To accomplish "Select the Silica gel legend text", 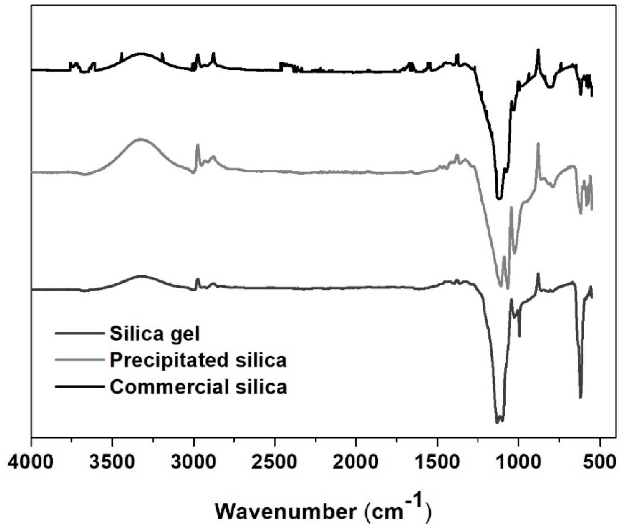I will point(155,334).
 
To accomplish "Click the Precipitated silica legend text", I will point(198,360).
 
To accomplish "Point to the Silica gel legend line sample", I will point(80,333).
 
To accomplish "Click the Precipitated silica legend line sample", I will point(80,359).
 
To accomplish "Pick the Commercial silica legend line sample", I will point(80,386).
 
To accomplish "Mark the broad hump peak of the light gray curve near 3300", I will point(140,139).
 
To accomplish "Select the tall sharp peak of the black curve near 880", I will point(538,50).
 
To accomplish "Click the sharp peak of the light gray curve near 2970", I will point(198,145).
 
